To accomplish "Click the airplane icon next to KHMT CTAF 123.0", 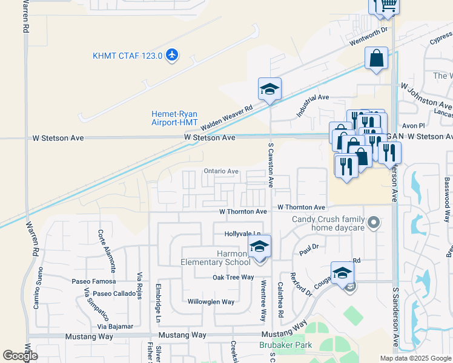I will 173,56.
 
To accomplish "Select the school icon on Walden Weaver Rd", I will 269,90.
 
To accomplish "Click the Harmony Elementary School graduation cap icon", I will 259,247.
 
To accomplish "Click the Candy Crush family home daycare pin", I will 374,223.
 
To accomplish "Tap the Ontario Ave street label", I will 220,171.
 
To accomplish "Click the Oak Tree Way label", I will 233,277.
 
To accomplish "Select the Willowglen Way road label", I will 211,302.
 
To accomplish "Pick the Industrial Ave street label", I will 312,106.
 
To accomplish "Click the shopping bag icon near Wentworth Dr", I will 376,59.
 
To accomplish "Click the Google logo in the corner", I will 19,356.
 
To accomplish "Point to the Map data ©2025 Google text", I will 415,358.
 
